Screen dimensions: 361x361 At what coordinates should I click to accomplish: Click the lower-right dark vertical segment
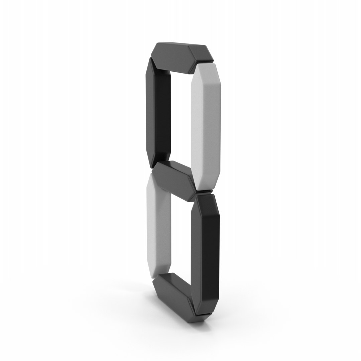pos(205,254)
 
